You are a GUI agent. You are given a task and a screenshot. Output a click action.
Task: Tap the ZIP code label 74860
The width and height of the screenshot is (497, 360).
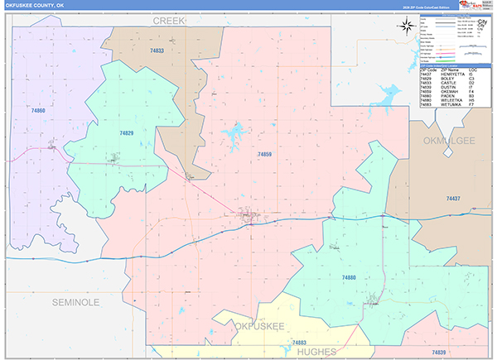click(x=37, y=110)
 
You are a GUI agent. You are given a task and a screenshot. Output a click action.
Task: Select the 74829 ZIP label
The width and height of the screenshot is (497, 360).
click(x=126, y=132)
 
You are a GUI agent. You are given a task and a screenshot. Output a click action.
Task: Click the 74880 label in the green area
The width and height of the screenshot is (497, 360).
click(x=349, y=277)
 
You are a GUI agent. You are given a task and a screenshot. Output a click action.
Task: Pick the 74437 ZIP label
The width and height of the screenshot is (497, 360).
click(x=453, y=199)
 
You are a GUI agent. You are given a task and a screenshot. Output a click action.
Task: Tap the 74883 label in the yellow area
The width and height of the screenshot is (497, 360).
click(x=299, y=342)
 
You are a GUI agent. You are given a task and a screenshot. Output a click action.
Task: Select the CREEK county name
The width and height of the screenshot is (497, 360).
click(x=169, y=19)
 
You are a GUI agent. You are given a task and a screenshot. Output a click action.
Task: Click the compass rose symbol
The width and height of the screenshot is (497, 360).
click(x=408, y=25)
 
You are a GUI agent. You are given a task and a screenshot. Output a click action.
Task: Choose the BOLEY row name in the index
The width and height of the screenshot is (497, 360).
click(x=442, y=79)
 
